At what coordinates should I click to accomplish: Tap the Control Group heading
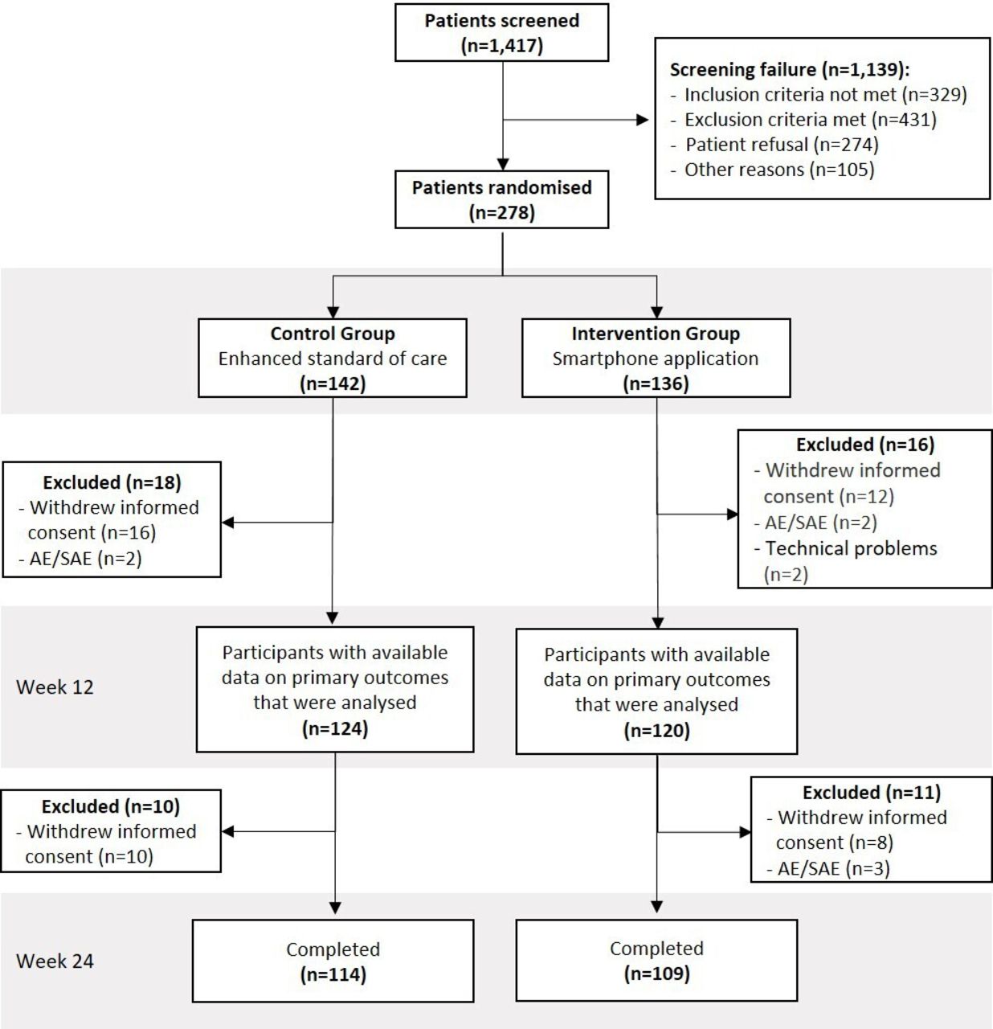333,334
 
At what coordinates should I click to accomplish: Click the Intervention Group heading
656,334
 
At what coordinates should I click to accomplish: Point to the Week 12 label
55,687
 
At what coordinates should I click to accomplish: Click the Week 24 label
55,961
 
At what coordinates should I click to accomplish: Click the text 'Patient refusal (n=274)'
783,145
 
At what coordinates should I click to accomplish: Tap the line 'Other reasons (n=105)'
779,170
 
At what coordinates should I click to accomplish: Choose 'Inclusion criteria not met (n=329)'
825,95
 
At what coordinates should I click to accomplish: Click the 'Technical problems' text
852,548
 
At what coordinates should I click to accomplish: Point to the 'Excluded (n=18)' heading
112,482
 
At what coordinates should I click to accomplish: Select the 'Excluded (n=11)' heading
872,792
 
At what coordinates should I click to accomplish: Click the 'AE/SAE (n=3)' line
833,868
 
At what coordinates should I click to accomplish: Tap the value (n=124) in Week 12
335,728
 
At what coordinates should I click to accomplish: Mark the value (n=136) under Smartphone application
656,383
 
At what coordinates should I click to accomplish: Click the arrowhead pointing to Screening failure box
643,120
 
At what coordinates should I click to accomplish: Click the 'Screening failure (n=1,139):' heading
790,70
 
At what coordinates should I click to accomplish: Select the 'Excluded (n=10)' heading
111,806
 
